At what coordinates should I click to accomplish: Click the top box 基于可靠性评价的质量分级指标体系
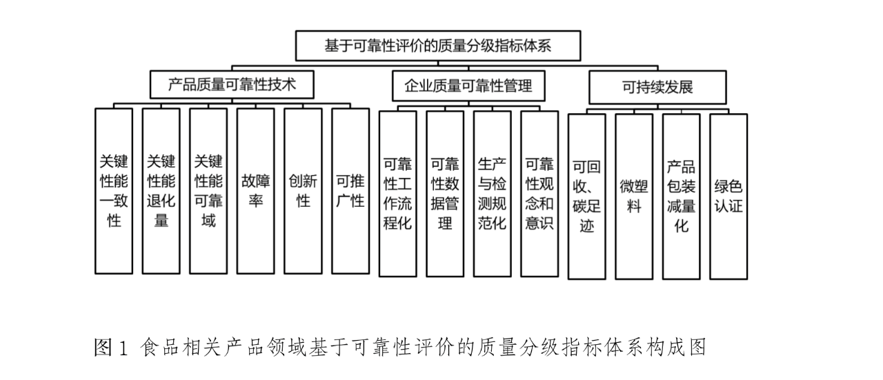[438, 46]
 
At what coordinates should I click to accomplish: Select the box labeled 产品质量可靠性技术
[232, 86]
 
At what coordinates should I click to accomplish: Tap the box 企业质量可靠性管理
[468, 86]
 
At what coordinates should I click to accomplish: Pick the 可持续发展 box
[657, 88]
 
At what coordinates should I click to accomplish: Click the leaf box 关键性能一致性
[114, 191]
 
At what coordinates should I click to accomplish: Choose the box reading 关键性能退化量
[161, 191]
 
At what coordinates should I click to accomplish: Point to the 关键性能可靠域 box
[208, 191]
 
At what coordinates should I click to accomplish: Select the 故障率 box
[255, 191]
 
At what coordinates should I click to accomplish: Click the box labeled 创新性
[303, 191]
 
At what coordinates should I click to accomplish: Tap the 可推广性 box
[350, 191]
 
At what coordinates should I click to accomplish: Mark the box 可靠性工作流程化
[397, 193]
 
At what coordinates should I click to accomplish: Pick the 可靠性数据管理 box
[445, 193]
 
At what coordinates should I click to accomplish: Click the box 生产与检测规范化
[492, 193]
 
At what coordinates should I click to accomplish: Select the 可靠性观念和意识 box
[539, 193]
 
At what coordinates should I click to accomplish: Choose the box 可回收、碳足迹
[586, 197]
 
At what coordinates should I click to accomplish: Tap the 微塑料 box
[634, 197]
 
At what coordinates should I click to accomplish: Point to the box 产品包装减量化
[681, 197]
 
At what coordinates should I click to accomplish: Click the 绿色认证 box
[728, 197]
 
